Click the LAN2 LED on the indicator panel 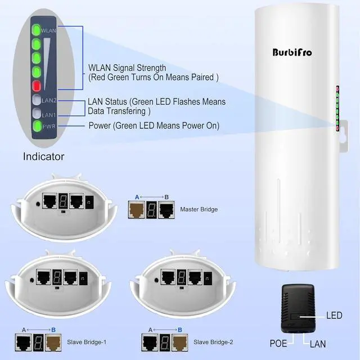(37, 101)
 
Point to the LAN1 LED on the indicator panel (37, 113)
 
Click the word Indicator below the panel (43, 156)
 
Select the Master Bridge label (199, 210)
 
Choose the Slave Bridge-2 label (213, 341)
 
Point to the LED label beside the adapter (334, 316)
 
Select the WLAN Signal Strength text (127, 68)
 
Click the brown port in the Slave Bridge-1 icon (57, 341)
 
